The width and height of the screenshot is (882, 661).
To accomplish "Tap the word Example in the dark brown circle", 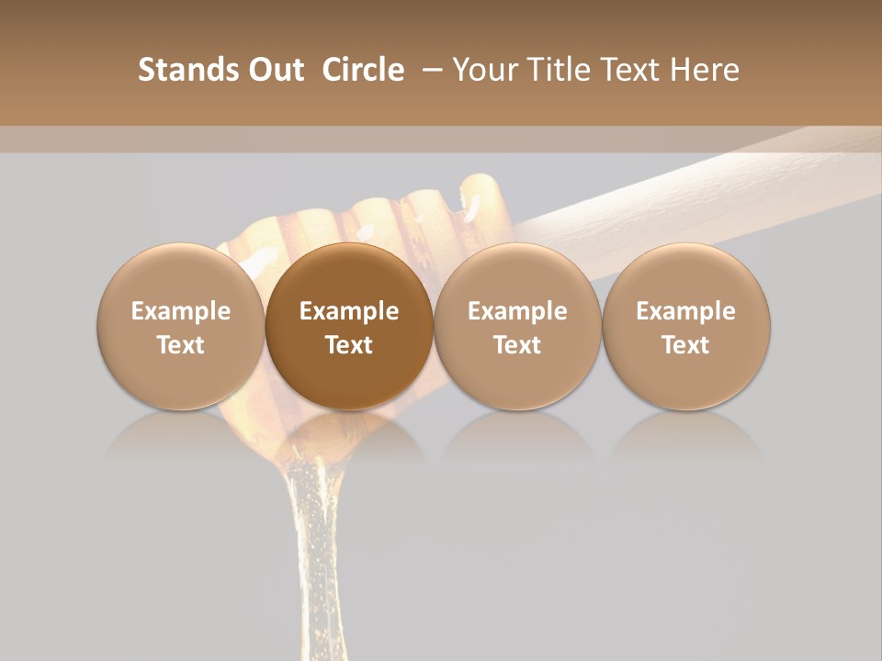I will click(x=349, y=311).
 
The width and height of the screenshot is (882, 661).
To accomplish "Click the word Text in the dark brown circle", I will click(x=349, y=345).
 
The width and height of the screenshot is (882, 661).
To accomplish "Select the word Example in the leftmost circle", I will click(x=181, y=311).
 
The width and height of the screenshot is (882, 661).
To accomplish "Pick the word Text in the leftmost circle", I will click(x=181, y=345).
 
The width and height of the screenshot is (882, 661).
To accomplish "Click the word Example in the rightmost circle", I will click(x=686, y=311).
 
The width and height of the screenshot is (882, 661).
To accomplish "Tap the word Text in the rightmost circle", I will click(x=686, y=345).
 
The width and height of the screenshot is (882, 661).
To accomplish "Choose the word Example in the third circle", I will click(x=517, y=311).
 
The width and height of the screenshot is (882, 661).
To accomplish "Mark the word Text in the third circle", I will click(x=517, y=345).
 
